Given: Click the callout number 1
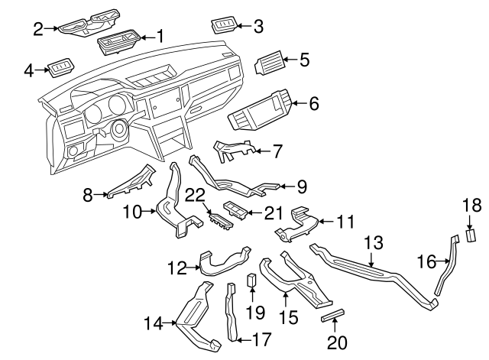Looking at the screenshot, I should tap(160, 35).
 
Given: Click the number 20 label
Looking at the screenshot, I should tap(336, 343).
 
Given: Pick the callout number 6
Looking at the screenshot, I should tap(313, 102).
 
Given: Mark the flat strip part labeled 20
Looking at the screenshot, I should tap(334, 316).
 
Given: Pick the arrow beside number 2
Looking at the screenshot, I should tap(51, 29).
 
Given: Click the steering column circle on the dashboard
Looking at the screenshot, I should tap(119, 130).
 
